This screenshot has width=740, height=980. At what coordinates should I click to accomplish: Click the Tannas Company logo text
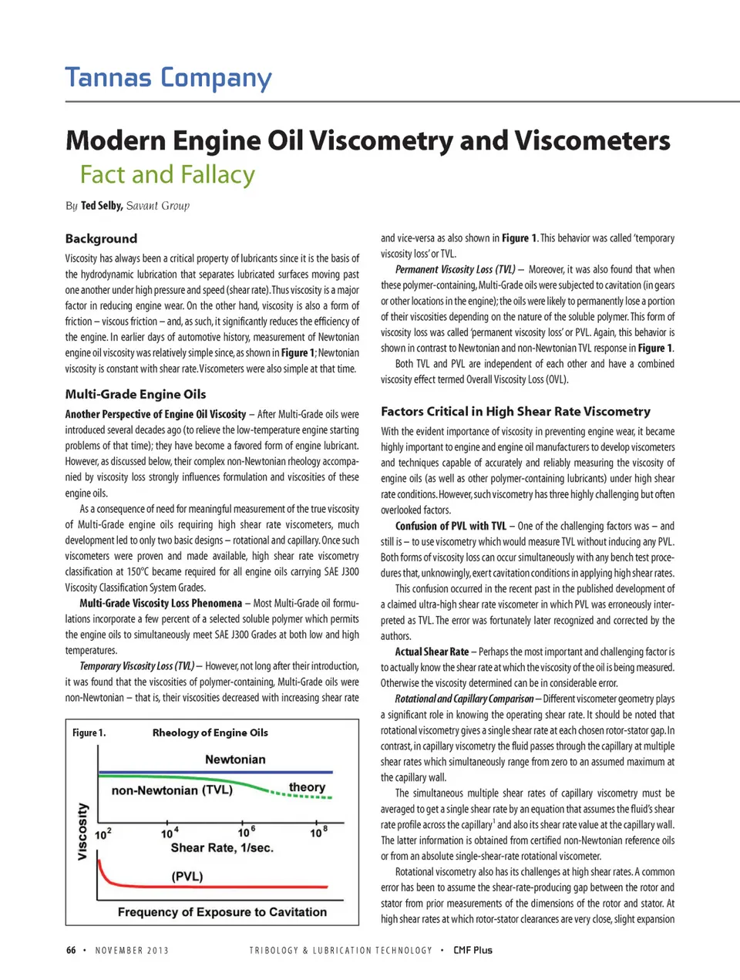click(168, 78)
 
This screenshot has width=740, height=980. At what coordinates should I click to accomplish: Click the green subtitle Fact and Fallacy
click(167, 175)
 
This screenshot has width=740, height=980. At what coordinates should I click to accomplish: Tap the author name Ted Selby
click(101, 206)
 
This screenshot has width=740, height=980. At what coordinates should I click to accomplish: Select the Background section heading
click(101, 239)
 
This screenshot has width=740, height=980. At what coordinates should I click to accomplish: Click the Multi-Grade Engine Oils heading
click(135, 394)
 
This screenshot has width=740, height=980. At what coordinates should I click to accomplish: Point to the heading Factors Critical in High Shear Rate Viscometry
click(515, 412)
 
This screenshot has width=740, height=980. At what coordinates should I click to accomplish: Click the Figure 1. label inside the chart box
click(89, 732)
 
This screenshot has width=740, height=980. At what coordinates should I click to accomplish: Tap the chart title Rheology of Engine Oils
click(210, 732)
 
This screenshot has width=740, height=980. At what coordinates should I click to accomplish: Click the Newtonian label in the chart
click(235, 759)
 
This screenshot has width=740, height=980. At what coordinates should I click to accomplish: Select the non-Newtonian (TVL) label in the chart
click(172, 790)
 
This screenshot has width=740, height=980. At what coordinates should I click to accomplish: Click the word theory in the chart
click(307, 787)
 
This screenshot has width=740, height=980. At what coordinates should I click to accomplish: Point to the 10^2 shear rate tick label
click(103, 834)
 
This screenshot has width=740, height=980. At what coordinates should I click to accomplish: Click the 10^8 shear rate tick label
click(318, 832)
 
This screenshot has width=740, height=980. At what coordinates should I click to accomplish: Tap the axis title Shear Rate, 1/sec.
click(222, 848)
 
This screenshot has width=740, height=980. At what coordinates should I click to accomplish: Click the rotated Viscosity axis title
click(82, 831)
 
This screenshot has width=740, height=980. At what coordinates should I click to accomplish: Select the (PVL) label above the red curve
click(187, 877)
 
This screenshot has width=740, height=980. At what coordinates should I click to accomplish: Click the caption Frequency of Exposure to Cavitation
click(222, 912)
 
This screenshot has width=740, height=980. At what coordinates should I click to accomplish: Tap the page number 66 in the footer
click(71, 951)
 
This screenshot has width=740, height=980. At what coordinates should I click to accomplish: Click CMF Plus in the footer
click(473, 951)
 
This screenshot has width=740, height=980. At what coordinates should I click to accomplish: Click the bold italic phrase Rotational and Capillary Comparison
click(464, 699)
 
